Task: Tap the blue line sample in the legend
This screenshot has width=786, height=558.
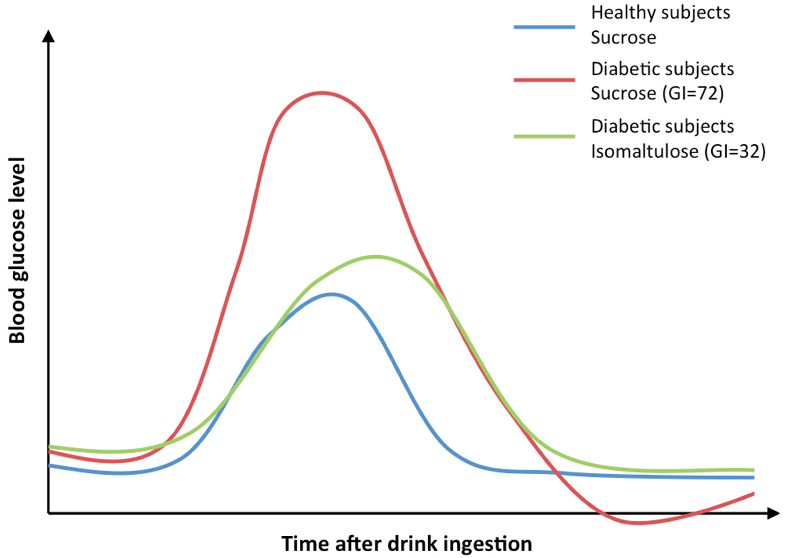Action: click(544, 27)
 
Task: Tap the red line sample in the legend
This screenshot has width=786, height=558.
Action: click(544, 80)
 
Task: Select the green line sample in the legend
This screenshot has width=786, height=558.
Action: click(544, 136)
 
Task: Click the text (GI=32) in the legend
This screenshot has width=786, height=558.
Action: click(734, 151)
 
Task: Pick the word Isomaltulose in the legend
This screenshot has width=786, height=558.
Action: click(644, 151)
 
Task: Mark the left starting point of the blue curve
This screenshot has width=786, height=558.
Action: click(50, 465)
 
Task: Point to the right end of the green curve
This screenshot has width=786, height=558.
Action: click(753, 470)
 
